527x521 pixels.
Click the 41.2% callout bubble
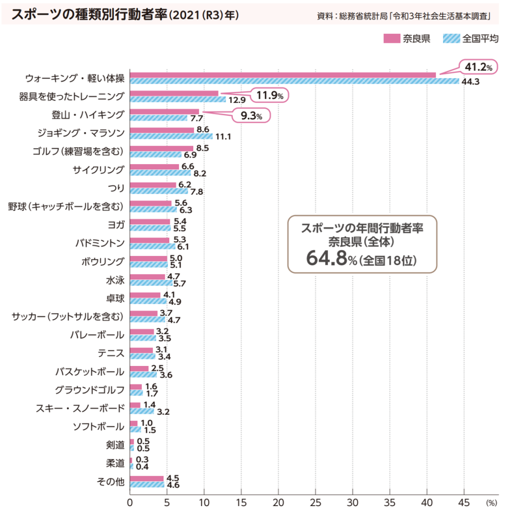pos(480,67)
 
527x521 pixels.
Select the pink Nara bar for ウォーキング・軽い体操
pos(282,75)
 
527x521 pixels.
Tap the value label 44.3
pos(470,82)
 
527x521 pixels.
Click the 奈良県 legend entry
pos(409,38)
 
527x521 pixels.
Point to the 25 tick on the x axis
pos(316,503)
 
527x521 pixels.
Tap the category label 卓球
pos(115,299)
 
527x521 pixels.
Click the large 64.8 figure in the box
pos(330,259)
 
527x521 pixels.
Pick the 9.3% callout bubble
pos(251,117)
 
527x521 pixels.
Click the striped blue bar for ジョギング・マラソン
pos(171,137)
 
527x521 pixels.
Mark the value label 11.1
pos(223,137)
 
